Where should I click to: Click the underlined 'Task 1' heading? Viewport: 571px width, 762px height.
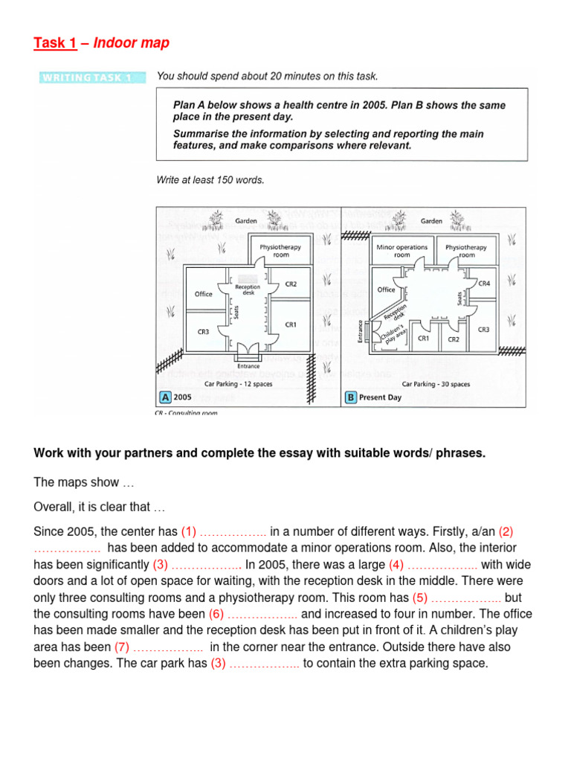coord(55,43)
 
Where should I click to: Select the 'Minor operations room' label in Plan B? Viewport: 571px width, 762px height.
coord(402,251)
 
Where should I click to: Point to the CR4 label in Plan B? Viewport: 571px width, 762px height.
coord(484,284)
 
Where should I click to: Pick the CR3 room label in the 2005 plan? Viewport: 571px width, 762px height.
coord(203,330)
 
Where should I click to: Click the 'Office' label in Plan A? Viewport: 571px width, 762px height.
coord(204,294)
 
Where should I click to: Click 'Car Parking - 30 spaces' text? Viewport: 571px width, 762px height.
coord(436,384)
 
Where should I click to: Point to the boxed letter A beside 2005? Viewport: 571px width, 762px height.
coord(164,397)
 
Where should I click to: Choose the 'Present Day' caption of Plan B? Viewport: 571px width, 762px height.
coord(380,397)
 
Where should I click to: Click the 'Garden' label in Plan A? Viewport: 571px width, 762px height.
coord(246,221)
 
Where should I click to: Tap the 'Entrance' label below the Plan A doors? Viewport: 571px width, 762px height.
coord(248,366)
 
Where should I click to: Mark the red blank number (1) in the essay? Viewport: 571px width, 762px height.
coord(187,531)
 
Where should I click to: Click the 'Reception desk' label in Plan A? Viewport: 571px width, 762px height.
coord(247,289)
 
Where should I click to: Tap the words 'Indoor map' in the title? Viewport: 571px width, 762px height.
coord(131,43)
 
